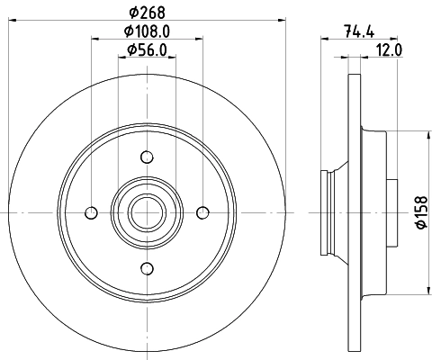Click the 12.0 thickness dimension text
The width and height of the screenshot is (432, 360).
point(389,50)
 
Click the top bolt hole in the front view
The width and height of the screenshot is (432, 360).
point(146,157)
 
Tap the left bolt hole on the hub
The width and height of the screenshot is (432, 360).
point(89,212)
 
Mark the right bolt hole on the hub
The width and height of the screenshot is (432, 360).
point(202,212)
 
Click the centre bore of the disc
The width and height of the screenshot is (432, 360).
point(146,212)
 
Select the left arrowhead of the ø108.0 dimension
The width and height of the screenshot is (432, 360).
point(95,38)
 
